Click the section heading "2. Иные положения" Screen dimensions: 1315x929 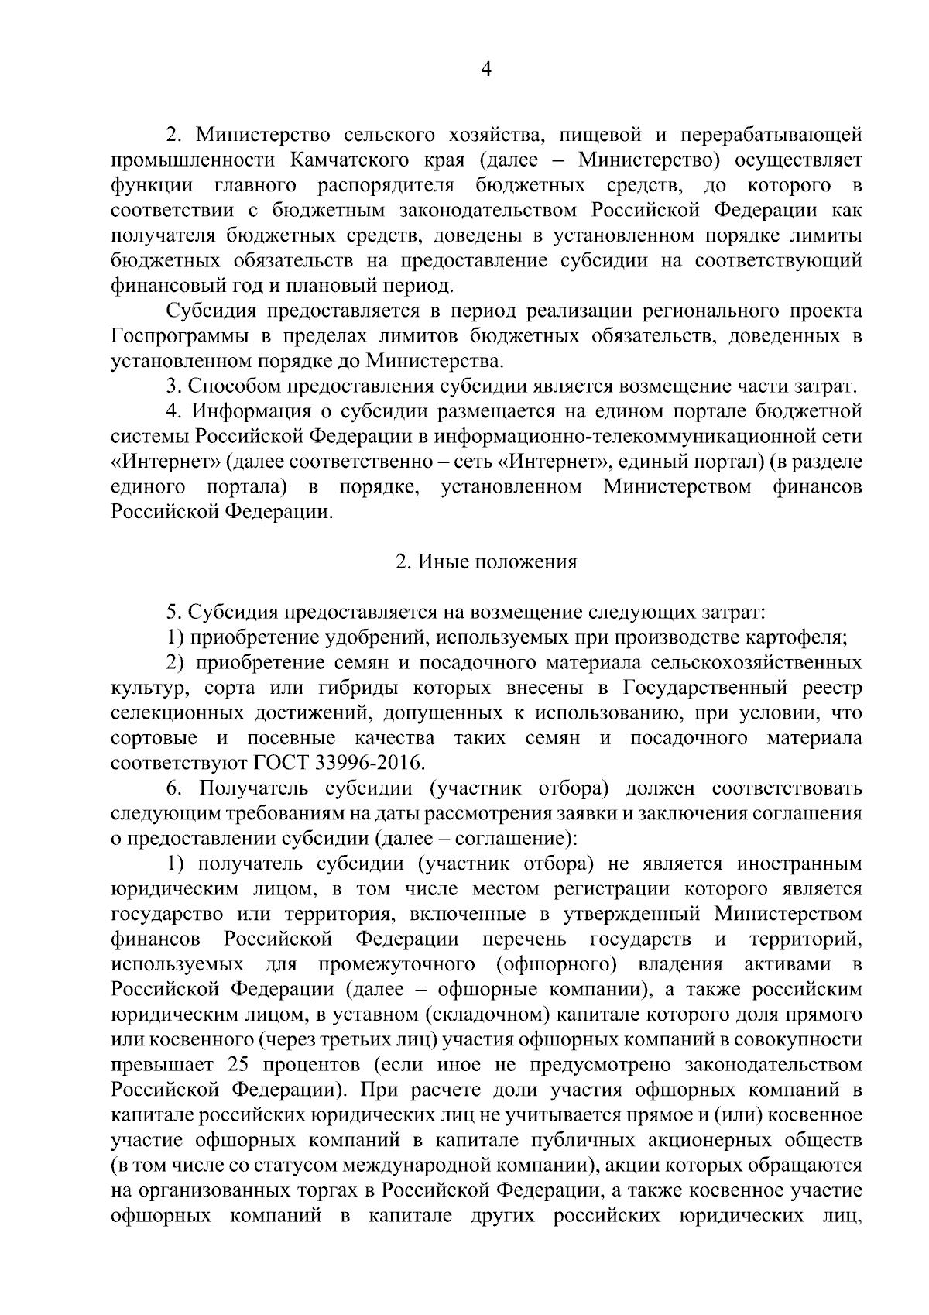pos(486,562)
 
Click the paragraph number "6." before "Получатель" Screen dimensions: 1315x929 pos(173,788)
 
